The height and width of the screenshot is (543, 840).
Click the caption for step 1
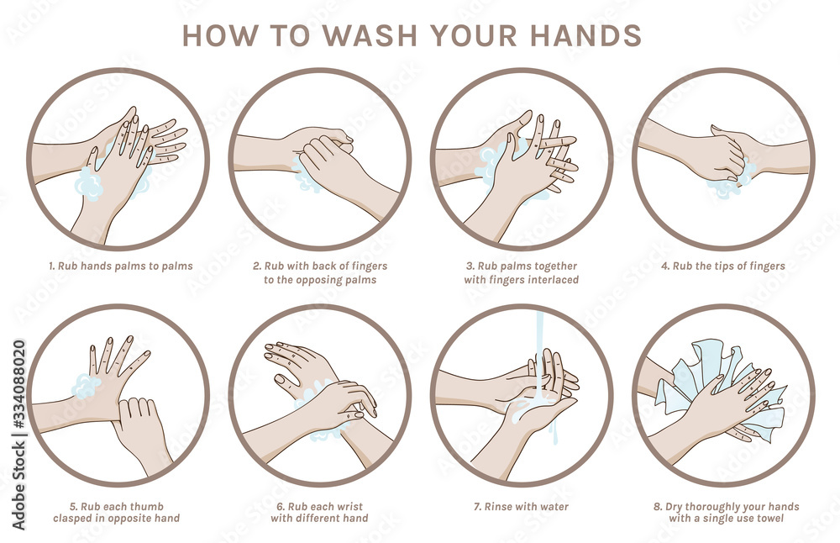point(119,266)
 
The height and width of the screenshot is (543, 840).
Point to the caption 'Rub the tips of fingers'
point(723,266)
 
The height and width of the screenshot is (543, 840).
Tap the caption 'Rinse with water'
point(520,507)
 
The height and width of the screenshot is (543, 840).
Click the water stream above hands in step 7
point(541,332)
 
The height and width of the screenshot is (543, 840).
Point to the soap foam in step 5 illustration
point(85,386)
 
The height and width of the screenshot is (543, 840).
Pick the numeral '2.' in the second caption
point(257,266)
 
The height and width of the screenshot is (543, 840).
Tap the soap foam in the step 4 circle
point(724,187)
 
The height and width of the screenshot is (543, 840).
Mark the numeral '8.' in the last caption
point(658,507)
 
